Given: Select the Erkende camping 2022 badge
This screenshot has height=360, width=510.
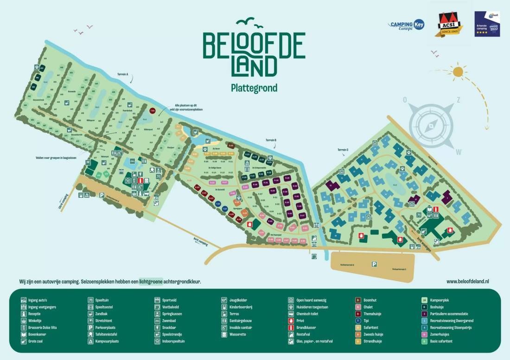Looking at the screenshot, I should coord(486,24).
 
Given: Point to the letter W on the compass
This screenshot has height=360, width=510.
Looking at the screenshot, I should coord(459,151).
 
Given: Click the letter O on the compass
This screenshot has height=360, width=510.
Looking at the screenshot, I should coord(405,100).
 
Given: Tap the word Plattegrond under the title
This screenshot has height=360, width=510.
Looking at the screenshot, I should coord(254,88).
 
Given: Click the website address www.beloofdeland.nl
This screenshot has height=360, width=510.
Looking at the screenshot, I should coord(468,281).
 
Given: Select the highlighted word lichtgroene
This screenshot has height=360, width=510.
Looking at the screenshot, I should coord(151,281).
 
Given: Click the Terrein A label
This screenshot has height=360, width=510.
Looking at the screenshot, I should coord(122,74).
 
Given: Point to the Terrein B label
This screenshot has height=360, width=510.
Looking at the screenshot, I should coord(271,140).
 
